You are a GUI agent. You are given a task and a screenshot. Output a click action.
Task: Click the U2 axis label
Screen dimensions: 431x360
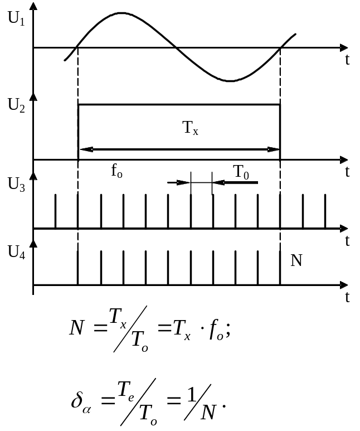coord(16,105)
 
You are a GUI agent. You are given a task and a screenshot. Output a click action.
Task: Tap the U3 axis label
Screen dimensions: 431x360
coord(16,184)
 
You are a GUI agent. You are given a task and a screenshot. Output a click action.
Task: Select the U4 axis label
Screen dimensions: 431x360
coord(16,252)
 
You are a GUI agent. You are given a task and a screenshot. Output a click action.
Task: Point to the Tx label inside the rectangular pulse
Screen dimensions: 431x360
coord(191,128)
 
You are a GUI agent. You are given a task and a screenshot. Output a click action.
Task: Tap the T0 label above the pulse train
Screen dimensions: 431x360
coord(241,172)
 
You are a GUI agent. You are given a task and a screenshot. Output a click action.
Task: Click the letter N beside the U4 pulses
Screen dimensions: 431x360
coord(296,260)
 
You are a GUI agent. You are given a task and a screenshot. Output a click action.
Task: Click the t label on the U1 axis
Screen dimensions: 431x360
coord(347,60)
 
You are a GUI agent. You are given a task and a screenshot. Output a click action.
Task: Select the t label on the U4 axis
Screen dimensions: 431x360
coord(347,297)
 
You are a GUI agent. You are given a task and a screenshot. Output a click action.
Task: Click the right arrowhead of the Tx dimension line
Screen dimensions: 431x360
coord(274,149)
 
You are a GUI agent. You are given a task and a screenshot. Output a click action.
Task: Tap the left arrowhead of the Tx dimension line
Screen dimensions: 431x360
coord(84,149)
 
